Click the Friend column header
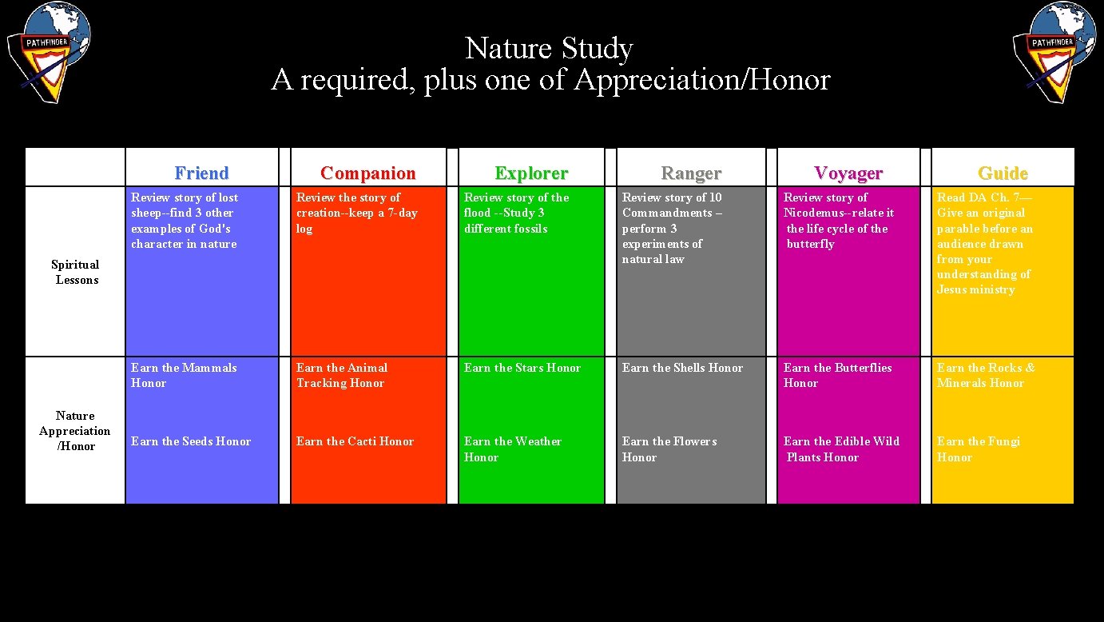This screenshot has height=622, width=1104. [x=201, y=173]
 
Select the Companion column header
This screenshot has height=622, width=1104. [x=367, y=173]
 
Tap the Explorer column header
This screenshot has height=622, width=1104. [x=531, y=173]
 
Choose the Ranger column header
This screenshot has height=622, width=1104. [x=691, y=173]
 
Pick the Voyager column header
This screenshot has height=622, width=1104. [x=848, y=173]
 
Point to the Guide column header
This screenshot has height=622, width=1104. [x=1003, y=173]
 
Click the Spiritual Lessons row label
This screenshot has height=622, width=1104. [x=75, y=272]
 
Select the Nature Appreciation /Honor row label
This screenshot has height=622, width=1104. [x=75, y=431]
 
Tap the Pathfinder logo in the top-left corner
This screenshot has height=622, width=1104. [x=50, y=52]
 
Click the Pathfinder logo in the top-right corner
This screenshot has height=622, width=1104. [x=1054, y=52]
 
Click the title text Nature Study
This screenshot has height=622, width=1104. [x=549, y=48]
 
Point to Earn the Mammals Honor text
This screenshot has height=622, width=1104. [x=184, y=375]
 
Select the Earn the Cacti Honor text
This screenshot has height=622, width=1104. [x=355, y=441]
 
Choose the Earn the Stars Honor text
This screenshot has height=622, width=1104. [x=522, y=368]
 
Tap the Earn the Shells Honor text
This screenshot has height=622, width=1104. [x=682, y=368]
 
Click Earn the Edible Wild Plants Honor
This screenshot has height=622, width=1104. [x=841, y=449]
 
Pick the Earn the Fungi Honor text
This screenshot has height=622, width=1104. [x=978, y=449]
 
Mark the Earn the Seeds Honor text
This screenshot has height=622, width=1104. [x=191, y=441]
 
